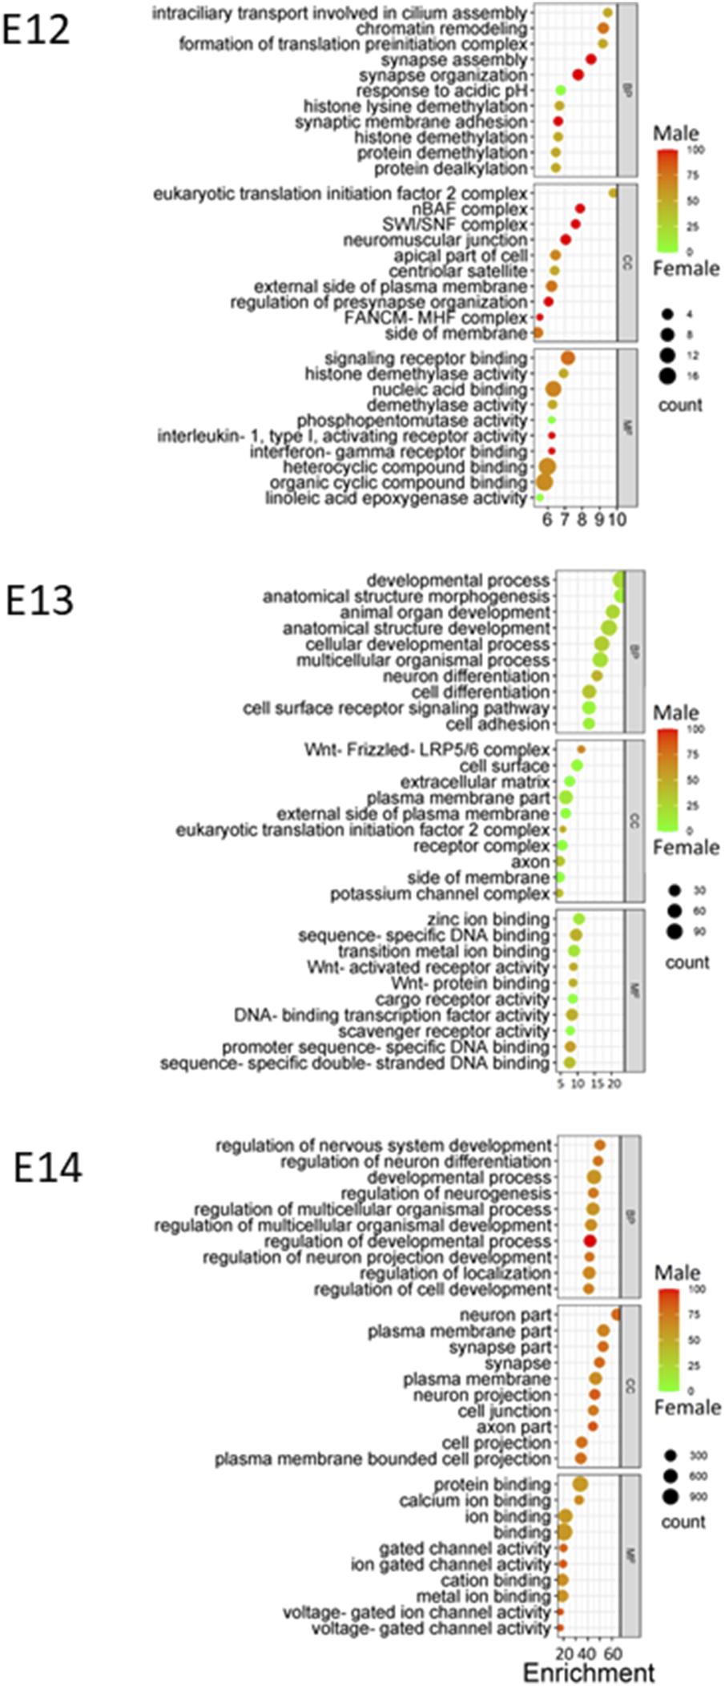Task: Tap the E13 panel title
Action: tap(39, 600)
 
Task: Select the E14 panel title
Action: tap(48, 1168)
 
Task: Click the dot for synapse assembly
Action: tap(591, 59)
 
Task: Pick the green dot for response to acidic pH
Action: tap(561, 91)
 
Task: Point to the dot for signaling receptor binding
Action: tap(568, 358)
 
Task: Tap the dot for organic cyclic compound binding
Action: tap(544, 482)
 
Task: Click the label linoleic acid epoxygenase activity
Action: tap(396, 498)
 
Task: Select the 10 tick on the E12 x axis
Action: tap(616, 520)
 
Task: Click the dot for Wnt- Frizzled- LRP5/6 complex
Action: tap(582, 749)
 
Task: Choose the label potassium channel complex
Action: tap(440, 893)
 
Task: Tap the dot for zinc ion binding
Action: tap(578, 919)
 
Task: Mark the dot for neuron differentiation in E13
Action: tap(597, 676)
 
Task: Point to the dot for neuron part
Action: tap(616, 1315)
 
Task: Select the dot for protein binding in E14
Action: tap(581, 1485)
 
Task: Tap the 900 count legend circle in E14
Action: tap(671, 1496)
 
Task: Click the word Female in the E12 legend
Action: tap(686, 268)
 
